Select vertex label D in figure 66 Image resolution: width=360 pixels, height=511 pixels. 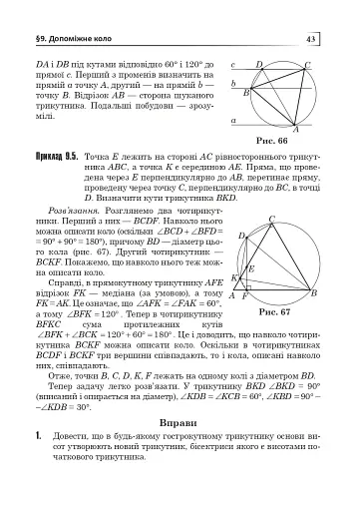(259, 65)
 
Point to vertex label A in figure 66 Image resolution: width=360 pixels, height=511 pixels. (296, 130)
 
